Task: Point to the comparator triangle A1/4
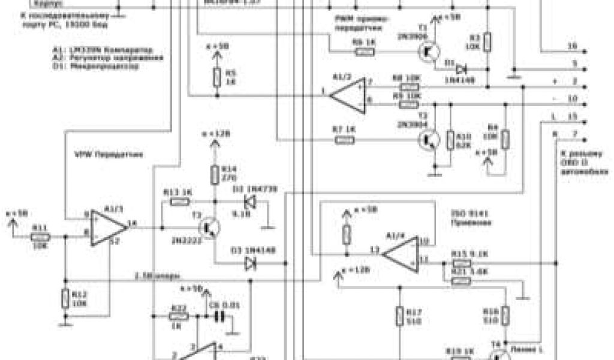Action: pyautogui.click(x=402, y=253)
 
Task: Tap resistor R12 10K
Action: pyautogui.click(x=64, y=298)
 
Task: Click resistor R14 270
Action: pyautogui.click(x=214, y=175)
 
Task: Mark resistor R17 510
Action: pyautogui.click(x=398, y=316)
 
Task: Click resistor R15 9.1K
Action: pyautogui.click(x=460, y=263)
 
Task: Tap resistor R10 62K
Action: pyautogui.click(x=450, y=140)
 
